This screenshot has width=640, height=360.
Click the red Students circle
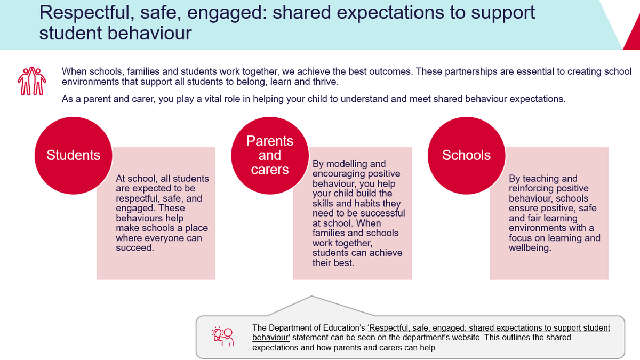pyautogui.click(x=74, y=156)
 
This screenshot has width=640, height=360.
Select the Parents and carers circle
pyautogui.click(x=270, y=156)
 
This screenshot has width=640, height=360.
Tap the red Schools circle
pyautogui.click(x=467, y=156)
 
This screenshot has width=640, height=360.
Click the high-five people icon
pyautogui.click(x=31, y=81)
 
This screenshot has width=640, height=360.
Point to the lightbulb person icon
pyautogui.click(x=223, y=337)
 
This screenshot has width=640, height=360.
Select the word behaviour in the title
pyautogui.click(x=149, y=33)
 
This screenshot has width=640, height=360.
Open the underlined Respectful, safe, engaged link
pyautogui.click(x=431, y=333)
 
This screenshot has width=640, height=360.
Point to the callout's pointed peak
pyautogui.click(x=311, y=296)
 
